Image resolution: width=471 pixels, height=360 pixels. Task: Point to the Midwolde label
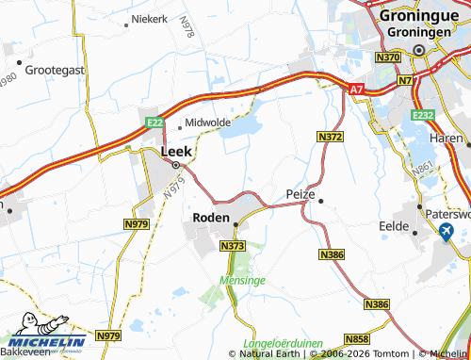click(208, 123)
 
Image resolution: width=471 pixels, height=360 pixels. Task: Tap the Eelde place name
click(393, 227)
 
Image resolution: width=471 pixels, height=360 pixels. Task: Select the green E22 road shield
click(154, 123)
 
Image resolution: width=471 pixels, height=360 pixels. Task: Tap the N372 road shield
click(330, 138)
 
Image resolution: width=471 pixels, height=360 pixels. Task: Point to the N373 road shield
click(232, 246)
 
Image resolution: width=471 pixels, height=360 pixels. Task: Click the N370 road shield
click(388, 58)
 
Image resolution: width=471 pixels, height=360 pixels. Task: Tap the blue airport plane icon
click(446, 232)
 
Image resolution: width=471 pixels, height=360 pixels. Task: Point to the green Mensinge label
click(239, 281)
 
